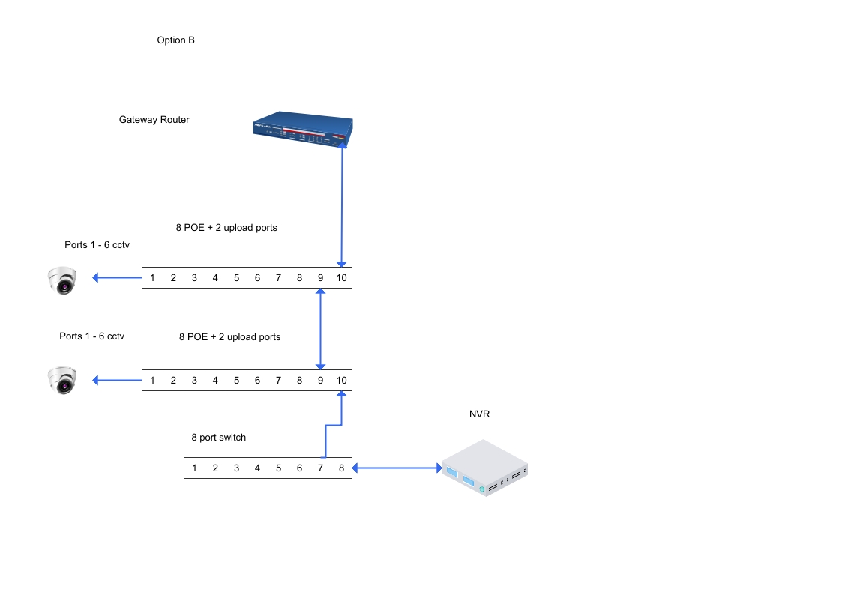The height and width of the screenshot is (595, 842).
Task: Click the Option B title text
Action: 175,40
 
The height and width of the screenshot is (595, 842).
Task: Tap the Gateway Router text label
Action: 154,120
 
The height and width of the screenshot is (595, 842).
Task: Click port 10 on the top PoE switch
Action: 341,278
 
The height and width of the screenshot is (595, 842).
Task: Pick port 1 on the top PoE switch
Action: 152,278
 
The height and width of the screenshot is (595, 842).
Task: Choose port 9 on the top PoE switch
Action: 320,278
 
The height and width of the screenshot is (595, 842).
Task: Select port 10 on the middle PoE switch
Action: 341,380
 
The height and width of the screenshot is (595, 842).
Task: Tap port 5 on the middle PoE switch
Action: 236,380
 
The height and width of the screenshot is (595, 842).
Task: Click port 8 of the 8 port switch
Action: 341,468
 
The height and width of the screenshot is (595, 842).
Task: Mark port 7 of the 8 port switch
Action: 320,468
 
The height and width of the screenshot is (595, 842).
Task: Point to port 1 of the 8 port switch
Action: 194,468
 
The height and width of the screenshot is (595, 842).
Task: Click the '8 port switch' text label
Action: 218,438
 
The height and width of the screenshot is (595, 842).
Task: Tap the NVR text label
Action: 480,414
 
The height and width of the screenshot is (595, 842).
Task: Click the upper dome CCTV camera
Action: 61,280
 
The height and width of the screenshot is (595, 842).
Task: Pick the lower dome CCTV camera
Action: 61,380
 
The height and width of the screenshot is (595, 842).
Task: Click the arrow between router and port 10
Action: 342,206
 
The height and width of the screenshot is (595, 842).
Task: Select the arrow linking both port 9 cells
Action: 321,330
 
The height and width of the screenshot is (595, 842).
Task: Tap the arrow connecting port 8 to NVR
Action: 397,468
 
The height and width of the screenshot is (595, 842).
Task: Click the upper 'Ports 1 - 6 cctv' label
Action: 98,245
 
